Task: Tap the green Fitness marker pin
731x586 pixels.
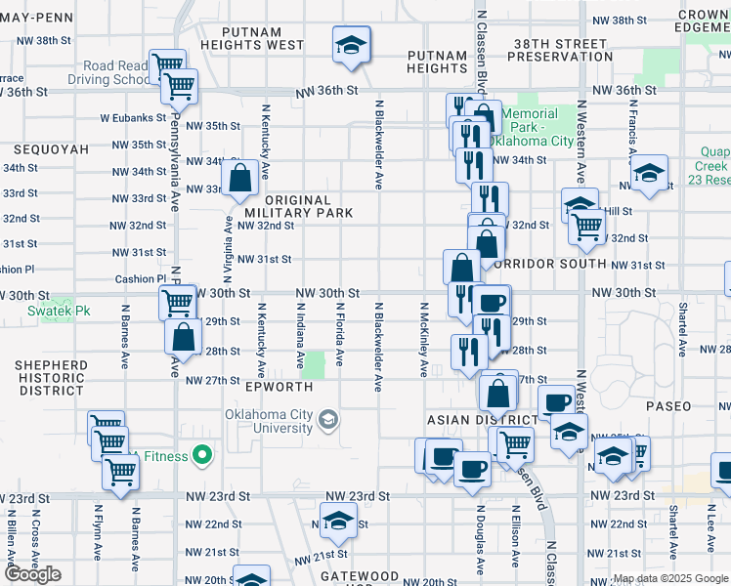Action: tap(202, 454)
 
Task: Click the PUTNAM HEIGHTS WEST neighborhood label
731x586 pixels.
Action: tap(252, 38)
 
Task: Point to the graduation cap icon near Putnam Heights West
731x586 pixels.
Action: tap(351, 45)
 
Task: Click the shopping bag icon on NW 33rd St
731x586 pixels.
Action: tap(239, 179)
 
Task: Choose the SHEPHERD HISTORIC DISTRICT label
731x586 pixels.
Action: tap(51, 377)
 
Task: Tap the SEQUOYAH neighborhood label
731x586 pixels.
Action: tap(51, 149)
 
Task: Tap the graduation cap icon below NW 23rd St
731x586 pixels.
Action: tap(338, 518)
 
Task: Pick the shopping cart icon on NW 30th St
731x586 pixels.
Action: tap(177, 303)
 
